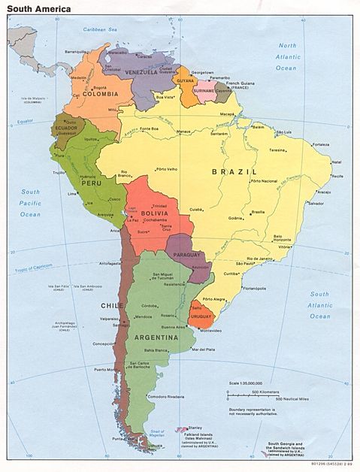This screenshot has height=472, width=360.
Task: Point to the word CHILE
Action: pyautogui.click(x=112, y=306)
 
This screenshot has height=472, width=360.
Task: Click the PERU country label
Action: pyautogui.click(x=91, y=183)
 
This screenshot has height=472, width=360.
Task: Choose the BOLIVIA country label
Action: pyautogui.click(x=154, y=213)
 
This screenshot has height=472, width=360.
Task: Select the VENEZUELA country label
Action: pyautogui.click(x=141, y=72)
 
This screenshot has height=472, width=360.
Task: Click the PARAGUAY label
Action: pyautogui.click(x=186, y=254)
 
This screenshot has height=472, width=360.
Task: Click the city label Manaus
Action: pyautogui.click(x=183, y=132)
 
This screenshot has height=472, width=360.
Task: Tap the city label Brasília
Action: pyautogui.click(x=258, y=212)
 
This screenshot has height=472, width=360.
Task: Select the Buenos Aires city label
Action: pyautogui.click(x=172, y=328)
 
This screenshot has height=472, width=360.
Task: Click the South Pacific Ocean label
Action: pyautogui.click(x=30, y=203)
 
